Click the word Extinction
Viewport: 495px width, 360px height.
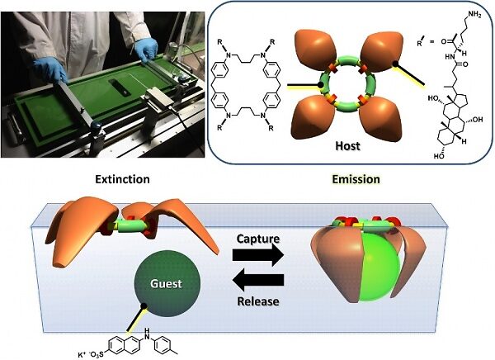(122, 178)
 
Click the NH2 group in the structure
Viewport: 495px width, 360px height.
(474, 11)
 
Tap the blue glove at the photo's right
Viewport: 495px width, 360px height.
(148, 51)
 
